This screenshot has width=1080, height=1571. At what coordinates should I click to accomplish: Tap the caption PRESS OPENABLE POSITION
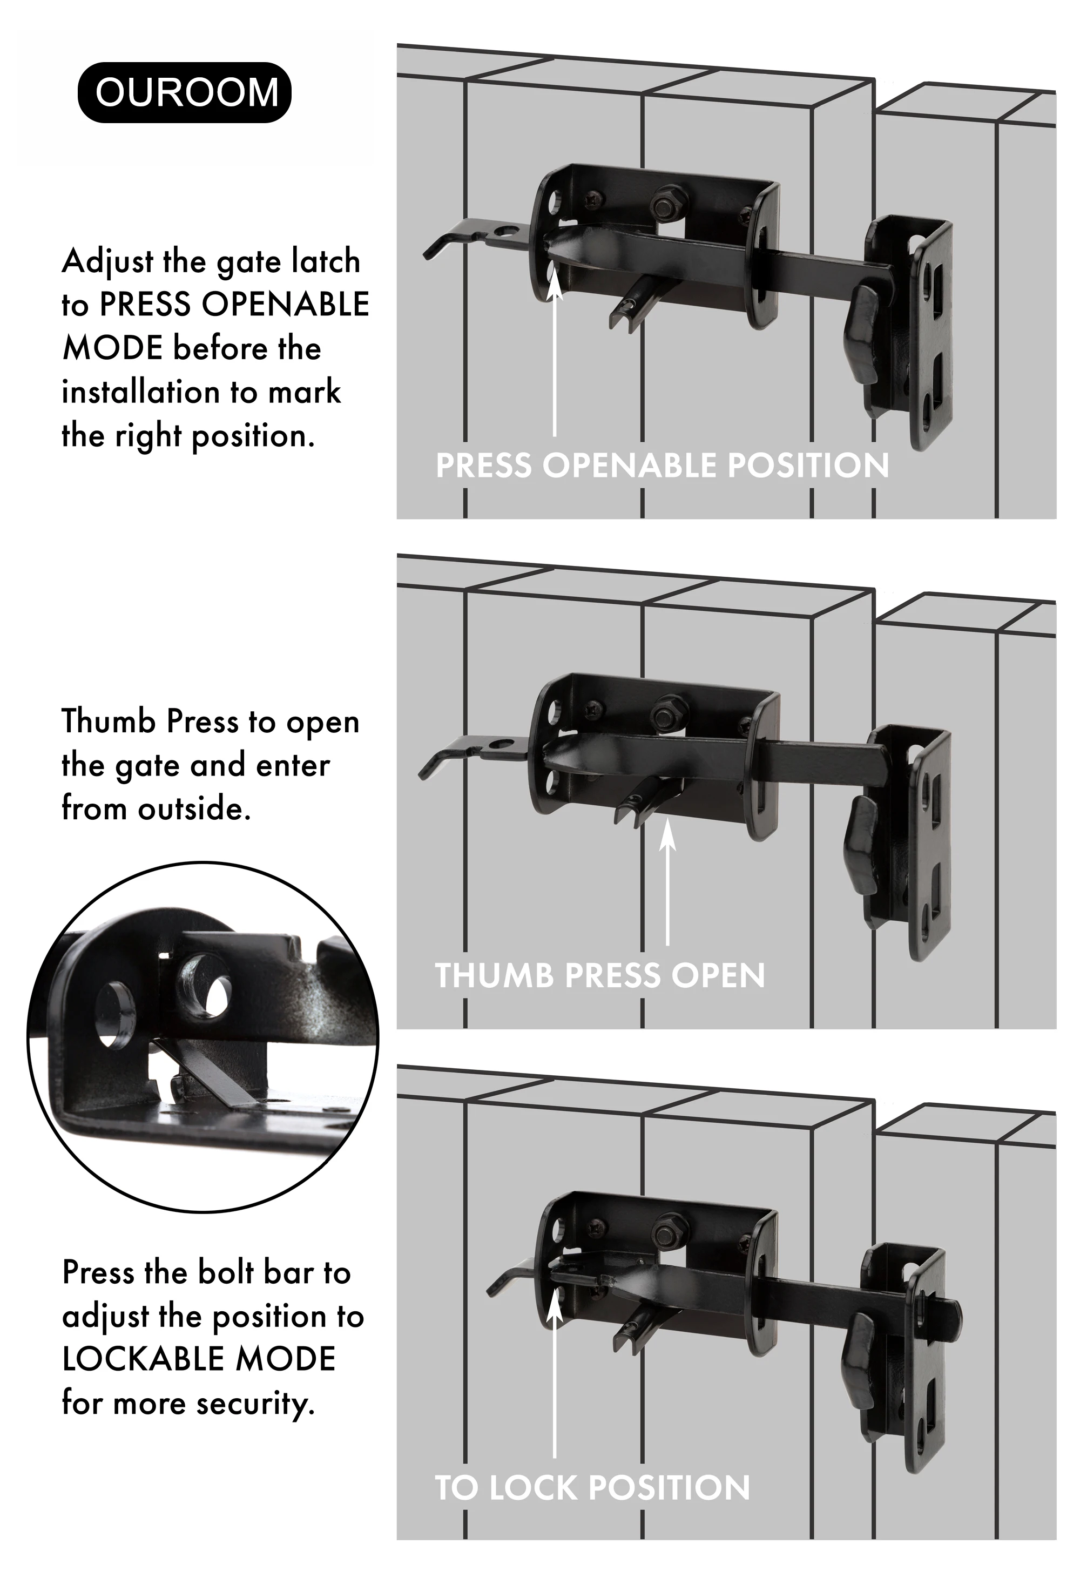662,466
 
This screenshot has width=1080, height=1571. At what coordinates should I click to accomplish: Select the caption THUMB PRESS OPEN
599,976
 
